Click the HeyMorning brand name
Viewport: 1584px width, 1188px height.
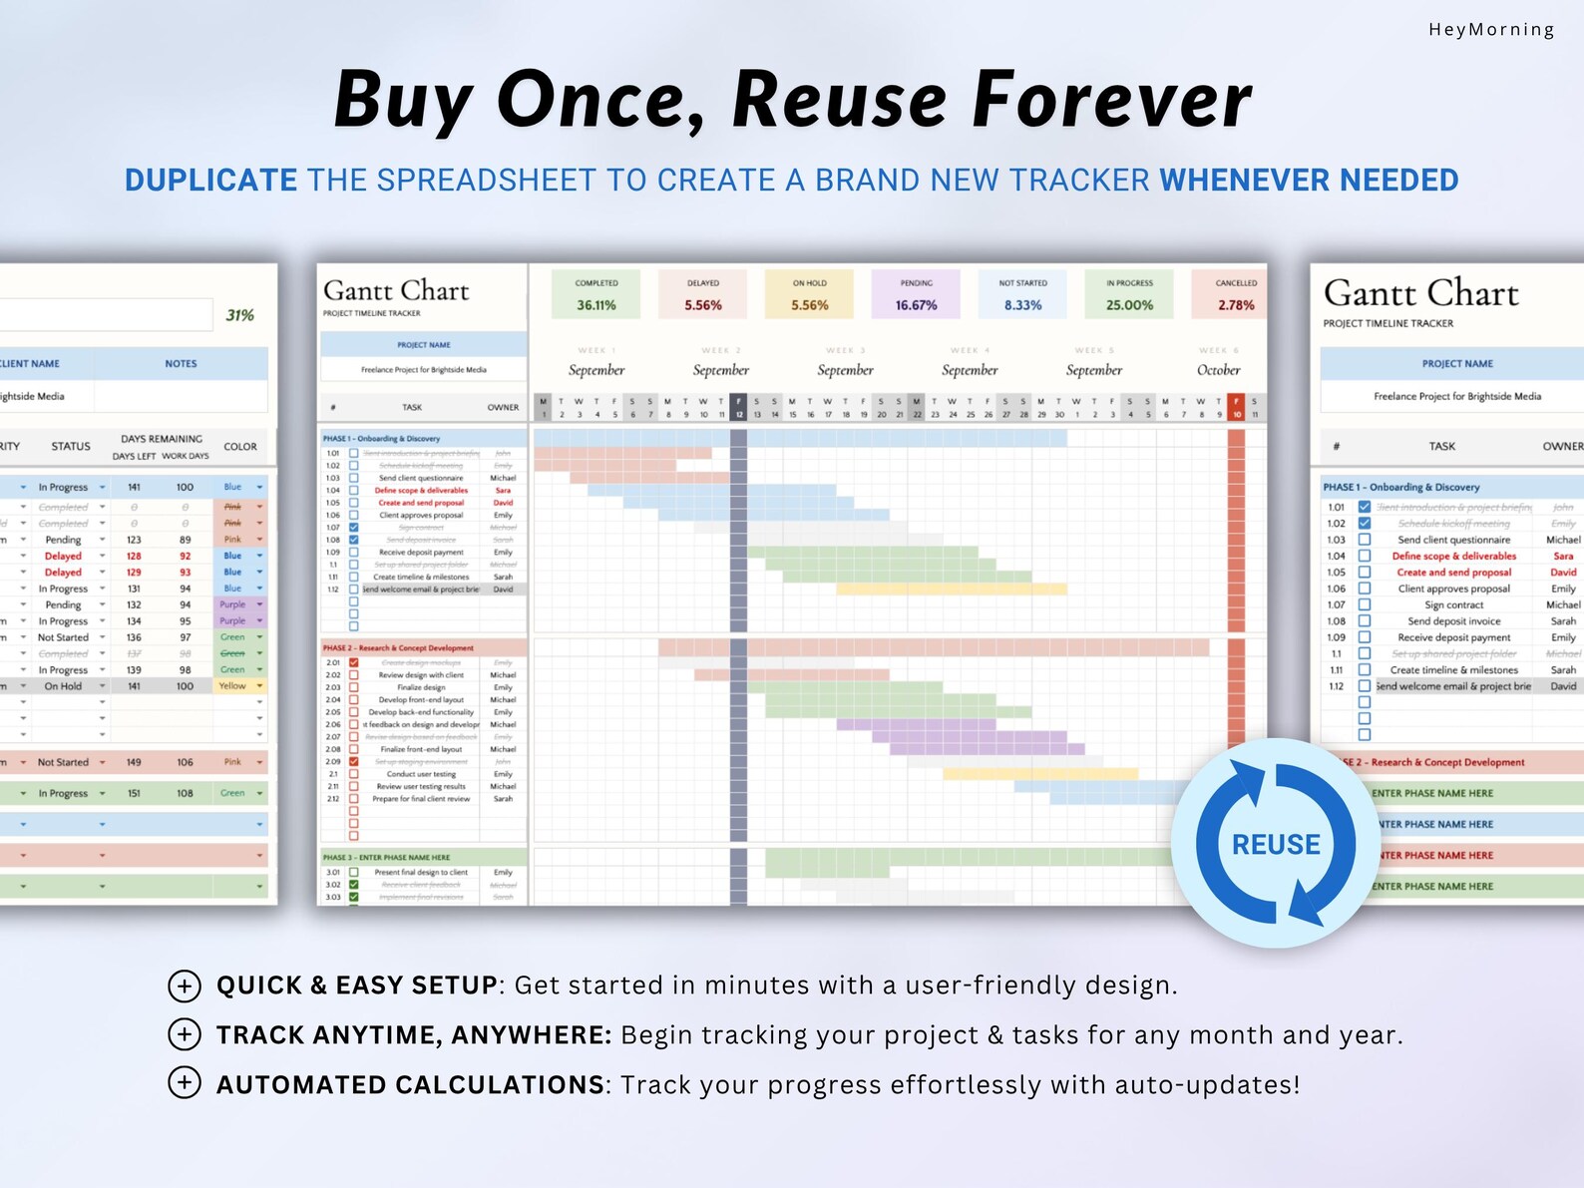click(1490, 30)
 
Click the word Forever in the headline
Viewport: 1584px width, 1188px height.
click(1111, 100)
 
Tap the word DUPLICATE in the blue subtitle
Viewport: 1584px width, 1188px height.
click(210, 181)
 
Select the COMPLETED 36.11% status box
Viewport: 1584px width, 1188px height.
click(596, 294)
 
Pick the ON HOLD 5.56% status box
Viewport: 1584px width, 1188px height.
click(809, 294)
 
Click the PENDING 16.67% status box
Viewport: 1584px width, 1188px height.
click(916, 294)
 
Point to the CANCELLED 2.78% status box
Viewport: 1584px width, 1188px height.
click(1235, 294)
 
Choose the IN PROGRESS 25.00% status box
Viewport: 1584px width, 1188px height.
click(1129, 294)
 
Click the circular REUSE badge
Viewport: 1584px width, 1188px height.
click(1276, 844)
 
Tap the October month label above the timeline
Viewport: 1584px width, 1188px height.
click(1218, 370)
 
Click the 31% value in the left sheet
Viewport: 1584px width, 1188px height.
click(239, 315)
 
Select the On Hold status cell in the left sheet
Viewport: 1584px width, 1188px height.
click(63, 686)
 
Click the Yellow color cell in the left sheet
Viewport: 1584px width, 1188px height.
click(233, 686)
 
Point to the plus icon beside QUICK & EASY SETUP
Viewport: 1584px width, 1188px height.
click(185, 986)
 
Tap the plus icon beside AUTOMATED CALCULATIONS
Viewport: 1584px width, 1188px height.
click(185, 1083)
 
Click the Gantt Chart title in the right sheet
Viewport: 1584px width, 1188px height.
click(1420, 293)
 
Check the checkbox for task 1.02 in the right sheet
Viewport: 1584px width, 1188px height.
click(1365, 524)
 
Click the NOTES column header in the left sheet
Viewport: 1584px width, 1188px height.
click(181, 364)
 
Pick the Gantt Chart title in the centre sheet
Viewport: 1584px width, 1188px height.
click(396, 291)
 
